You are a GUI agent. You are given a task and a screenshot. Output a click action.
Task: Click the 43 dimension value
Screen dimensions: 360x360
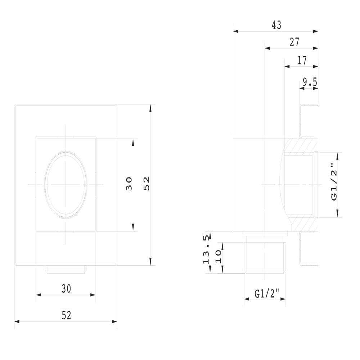[276, 25]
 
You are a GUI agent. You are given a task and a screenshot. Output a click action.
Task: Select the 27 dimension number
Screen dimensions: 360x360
[294, 42]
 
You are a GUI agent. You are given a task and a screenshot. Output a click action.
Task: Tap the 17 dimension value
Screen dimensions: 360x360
[302, 60]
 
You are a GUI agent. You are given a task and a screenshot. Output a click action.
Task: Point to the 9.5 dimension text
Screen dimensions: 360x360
[310, 82]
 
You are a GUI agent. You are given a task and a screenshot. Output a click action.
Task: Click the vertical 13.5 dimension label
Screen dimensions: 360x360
[206, 249]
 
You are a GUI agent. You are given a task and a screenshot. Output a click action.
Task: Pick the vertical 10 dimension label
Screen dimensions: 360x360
[218, 257]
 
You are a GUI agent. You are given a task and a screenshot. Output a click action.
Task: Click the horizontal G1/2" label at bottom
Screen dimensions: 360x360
[267, 294]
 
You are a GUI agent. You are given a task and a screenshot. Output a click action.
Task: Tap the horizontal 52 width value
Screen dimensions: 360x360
[66, 315]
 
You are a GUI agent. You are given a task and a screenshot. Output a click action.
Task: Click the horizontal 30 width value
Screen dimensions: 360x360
[66, 289]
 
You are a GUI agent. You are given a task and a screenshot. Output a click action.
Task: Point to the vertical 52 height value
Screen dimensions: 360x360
[146, 184]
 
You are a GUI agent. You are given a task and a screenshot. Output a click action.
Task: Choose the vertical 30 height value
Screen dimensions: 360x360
[129, 184]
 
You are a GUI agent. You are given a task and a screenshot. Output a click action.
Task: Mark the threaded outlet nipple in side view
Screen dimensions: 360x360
[265, 258]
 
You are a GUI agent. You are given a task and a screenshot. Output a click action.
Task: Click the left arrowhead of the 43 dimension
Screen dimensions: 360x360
[236, 31]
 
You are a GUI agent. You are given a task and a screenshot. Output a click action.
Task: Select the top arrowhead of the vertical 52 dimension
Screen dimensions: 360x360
[150, 108]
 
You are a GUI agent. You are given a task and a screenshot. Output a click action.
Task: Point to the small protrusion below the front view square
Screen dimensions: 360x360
[66, 269]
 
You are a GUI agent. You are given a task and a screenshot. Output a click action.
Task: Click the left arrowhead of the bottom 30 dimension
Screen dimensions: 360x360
[39, 295]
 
